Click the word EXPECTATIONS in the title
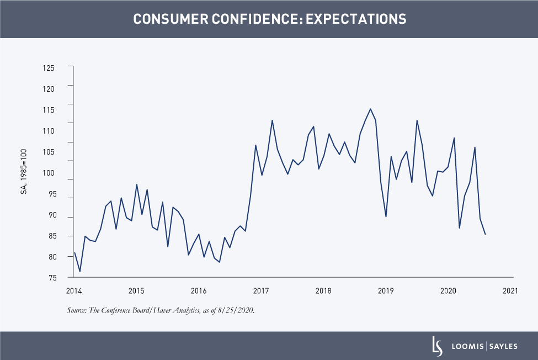(356, 19)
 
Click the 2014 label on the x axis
(73, 290)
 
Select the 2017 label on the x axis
(260, 290)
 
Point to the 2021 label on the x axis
(510, 290)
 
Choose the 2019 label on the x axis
(385, 290)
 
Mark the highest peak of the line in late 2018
(370, 109)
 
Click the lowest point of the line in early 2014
(80, 272)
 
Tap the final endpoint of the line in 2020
(485, 235)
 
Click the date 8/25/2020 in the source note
(237, 310)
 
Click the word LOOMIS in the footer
(465, 346)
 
